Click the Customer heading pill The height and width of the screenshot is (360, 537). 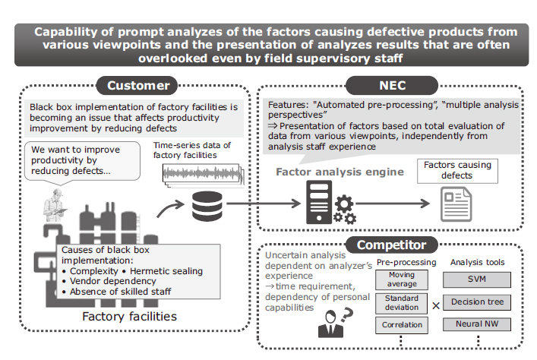pyautogui.click(x=137, y=85)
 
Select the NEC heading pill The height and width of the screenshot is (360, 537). pyautogui.click(x=392, y=85)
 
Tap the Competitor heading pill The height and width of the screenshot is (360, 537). pyautogui.click(x=392, y=245)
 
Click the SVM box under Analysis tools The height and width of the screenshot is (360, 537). pyautogui.click(x=477, y=279)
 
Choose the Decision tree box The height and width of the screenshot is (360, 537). pyautogui.click(x=477, y=302)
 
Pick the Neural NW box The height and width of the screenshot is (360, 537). pyautogui.click(x=477, y=324)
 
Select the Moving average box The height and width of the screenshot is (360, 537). pyautogui.click(x=402, y=279)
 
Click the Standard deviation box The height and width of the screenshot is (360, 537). pyautogui.click(x=402, y=303)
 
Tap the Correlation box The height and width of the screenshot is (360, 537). pyautogui.click(x=402, y=325)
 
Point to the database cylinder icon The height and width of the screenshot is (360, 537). pyautogui.click(x=207, y=207)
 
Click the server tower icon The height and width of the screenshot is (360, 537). pyautogui.click(x=319, y=202)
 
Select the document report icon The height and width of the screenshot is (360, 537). pyautogui.click(x=456, y=204)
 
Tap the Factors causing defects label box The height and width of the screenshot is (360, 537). pyautogui.click(x=457, y=171)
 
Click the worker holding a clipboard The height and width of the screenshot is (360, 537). pyautogui.click(x=54, y=206)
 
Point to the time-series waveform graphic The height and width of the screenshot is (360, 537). pyautogui.click(x=202, y=173)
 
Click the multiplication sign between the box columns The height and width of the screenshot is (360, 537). pyautogui.click(x=436, y=305)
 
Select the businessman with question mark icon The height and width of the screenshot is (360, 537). pyautogui.click(x=335, y=323)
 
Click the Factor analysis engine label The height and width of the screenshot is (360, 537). pyautogui.click(x=340, y=172)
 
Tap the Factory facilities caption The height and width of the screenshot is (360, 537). pyautogui.click(x=129, y=317)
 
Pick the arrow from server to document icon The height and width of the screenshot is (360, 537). pyautogui.click(x=393, y=204)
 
